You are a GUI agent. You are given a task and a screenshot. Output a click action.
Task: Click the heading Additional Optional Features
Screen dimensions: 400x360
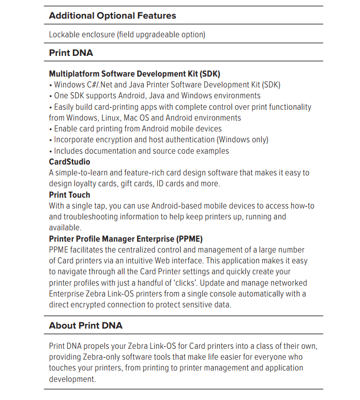[112, 16]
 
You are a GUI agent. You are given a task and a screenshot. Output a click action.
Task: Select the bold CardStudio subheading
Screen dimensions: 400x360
[69, 162]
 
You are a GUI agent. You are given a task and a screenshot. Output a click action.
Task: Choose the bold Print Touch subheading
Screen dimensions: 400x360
[69, 195]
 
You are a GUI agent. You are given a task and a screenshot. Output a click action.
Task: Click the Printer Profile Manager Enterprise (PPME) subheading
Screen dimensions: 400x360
[126, 239]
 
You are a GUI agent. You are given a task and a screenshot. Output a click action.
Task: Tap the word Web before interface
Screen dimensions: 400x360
[208, 261]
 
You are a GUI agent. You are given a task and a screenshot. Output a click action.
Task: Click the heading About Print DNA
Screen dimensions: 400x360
[85, 325]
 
